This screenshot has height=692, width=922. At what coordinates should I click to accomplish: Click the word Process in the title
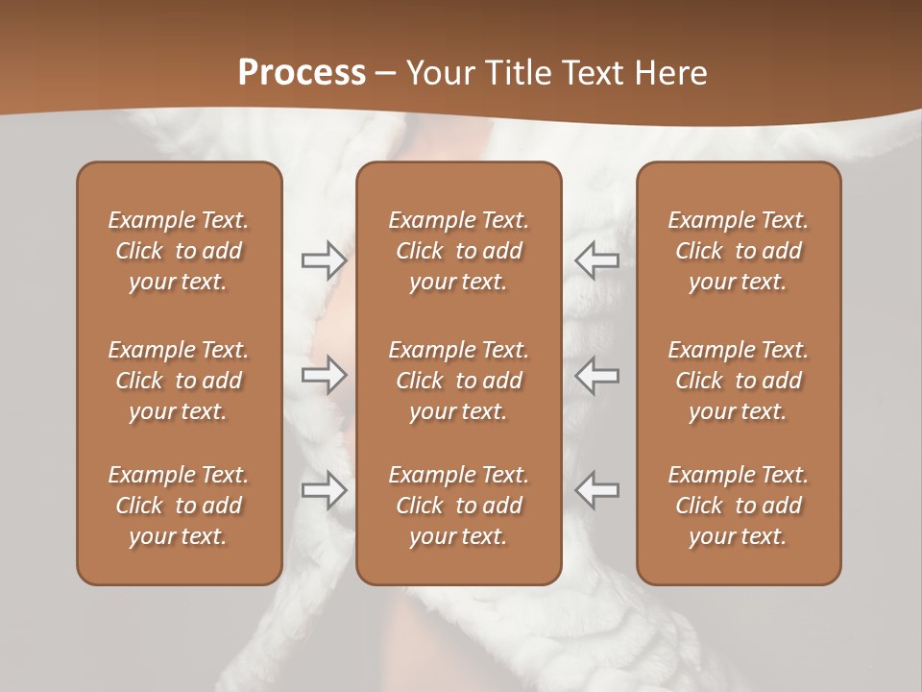pyautogui.click(x=302, y=73)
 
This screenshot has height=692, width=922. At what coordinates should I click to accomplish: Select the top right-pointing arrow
pyautogui.click(x=324, y=260)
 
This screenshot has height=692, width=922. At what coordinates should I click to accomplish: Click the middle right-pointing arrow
pyautogui.click(x=324, y=375)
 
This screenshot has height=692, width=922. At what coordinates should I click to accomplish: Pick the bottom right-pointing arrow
pyautogui.click(x=324, y=490)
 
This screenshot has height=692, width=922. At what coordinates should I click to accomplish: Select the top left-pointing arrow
pyautogui.click(x=597, y=260)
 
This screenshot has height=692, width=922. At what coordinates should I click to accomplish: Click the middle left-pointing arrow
pyautogui.click(x=597, y=375)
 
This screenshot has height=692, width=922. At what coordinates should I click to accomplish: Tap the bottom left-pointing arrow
pyautogui.click(x=597, y=490)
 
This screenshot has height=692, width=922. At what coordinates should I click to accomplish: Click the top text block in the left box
pyautogui.click(x=179, y=251)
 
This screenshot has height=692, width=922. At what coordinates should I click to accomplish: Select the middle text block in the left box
pyautogui.click(x=179, y=381)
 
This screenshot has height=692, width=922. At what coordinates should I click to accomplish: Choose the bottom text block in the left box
pyautogui.click(x=179, y=506)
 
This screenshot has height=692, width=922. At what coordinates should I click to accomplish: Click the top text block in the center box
pyautogui.click(x=459, y=251)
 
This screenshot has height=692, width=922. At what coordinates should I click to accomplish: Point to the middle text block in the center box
pyautogui.click(x=459, y=381)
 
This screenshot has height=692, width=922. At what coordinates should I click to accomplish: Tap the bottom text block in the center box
pyautogui.click(x=459, y=506)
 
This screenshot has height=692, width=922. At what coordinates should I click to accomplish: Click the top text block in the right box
pyautogui.click(x=739, y=251)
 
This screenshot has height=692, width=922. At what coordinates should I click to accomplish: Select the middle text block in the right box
pyautogui.click(x=739, y=381)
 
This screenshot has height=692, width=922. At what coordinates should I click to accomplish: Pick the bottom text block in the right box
pyautogui.click(x=739, y=506)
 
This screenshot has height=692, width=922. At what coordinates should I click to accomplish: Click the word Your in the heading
pyautogui.click(x=437, y=73)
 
